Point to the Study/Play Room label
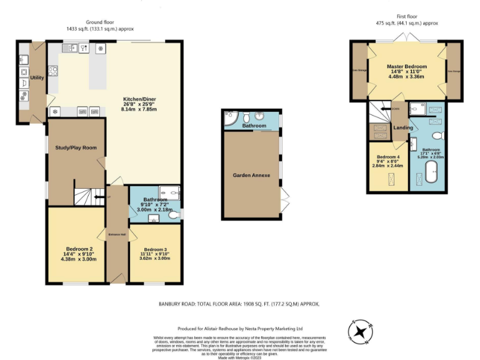tap(76, 148)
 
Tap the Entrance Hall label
tap(114, 234)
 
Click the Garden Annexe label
tap(251, 176)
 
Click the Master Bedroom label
tap(406, 66)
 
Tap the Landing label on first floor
tap(401, 128)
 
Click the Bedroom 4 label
tap(387, 157)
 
